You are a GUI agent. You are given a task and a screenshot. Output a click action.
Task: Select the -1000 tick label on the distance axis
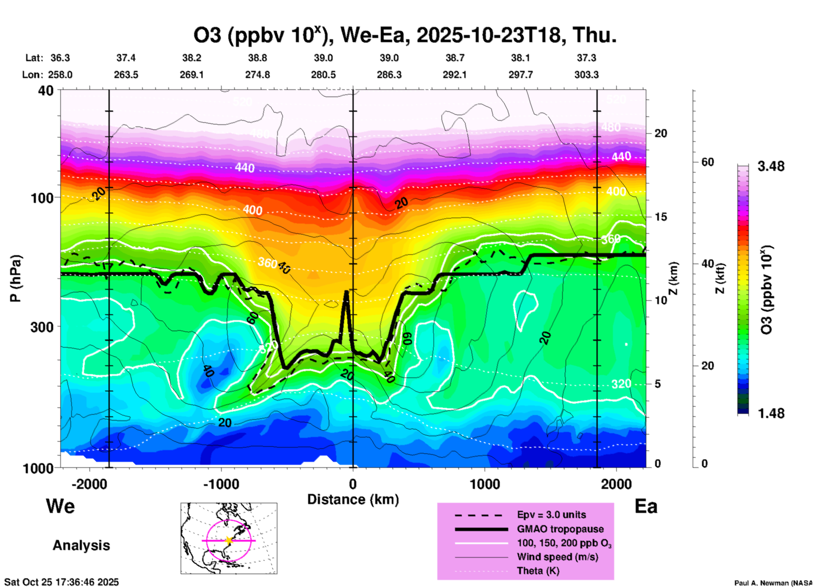click(x=221, y=484)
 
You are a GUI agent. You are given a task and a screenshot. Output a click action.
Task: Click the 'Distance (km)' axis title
click(x=353, y=500)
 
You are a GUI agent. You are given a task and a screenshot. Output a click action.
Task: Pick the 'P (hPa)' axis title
click(x=16, y=278)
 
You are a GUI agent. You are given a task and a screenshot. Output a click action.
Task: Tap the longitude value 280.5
click(x=323, y=75)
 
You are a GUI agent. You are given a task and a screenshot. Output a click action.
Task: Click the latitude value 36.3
click(x=60, y=58)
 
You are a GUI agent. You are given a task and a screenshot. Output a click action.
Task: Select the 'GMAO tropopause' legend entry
click(x=560, y=529)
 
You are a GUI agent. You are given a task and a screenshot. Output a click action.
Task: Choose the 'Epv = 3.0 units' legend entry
click(x=551, y=515)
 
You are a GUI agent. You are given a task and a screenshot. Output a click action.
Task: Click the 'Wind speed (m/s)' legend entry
click(x=557, y=557)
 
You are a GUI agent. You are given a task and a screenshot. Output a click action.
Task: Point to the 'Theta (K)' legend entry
click(x=538, y=571)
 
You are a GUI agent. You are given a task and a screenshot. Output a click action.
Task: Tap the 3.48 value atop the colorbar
click(x=771, y=167)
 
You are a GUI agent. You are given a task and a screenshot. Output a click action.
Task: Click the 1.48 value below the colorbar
click(x=771, y=413)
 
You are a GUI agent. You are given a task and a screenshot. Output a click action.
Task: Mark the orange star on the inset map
click(x=229, y=540)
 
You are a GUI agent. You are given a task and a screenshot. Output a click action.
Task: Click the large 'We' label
click(x=60, y=506)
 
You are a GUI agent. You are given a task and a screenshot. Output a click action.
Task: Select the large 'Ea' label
click(x=646, y=507)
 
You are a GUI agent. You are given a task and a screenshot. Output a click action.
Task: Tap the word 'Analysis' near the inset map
click(x=81, y=545)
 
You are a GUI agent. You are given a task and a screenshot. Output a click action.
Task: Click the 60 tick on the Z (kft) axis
click(x=707, y=162)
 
